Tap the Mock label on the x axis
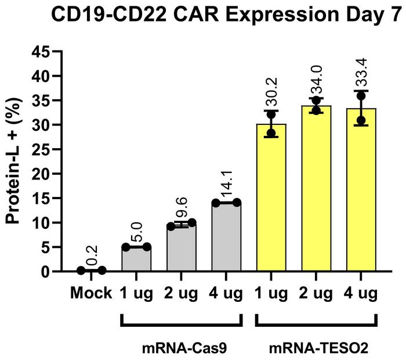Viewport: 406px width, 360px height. point(91,293)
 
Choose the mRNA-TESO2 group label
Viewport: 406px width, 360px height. point(316,349)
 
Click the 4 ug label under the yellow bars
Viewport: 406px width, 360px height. point(361,293)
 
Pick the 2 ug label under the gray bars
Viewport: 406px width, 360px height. point(181,293)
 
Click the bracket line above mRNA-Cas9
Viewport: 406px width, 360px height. point(181,324)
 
